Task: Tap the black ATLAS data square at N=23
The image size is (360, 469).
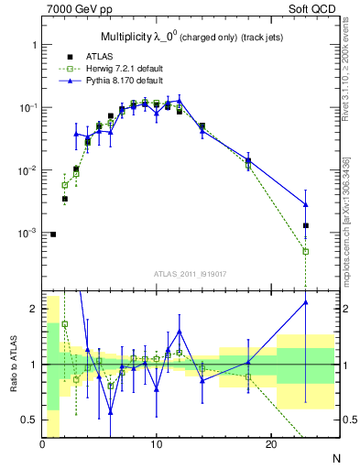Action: point(306,225)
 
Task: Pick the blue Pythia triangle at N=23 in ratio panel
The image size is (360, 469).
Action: point(306,302)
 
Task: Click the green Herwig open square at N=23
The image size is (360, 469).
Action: point(306,251)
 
